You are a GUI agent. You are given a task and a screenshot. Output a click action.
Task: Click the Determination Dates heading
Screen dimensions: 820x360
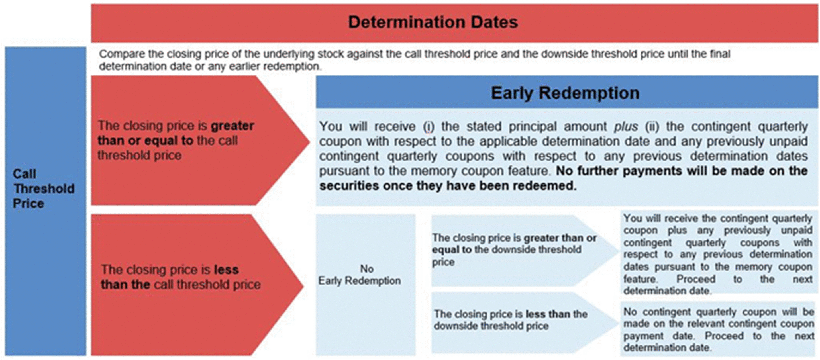click(x=433, y=22)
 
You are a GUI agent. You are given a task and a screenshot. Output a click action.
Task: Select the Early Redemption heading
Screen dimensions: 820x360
click(x=565, y=93)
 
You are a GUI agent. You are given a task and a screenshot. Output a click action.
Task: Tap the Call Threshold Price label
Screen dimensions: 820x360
click(x=44, y=189)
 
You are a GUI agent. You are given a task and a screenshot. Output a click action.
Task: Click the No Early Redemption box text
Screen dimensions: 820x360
click(x=360, y=275)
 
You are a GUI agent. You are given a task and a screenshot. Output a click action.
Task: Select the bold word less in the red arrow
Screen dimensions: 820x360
click(x=226, y=270)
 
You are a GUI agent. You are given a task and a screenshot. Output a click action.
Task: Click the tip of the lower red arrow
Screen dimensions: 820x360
click(x=303, y=285)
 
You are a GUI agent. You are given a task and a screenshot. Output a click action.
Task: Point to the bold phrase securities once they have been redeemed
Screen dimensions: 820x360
click(x=448, y=186)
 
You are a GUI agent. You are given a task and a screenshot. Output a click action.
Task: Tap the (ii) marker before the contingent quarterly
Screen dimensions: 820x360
click(x=652, y=127)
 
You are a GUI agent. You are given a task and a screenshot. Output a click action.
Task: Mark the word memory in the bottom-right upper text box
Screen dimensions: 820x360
click(x=753, y=267)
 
